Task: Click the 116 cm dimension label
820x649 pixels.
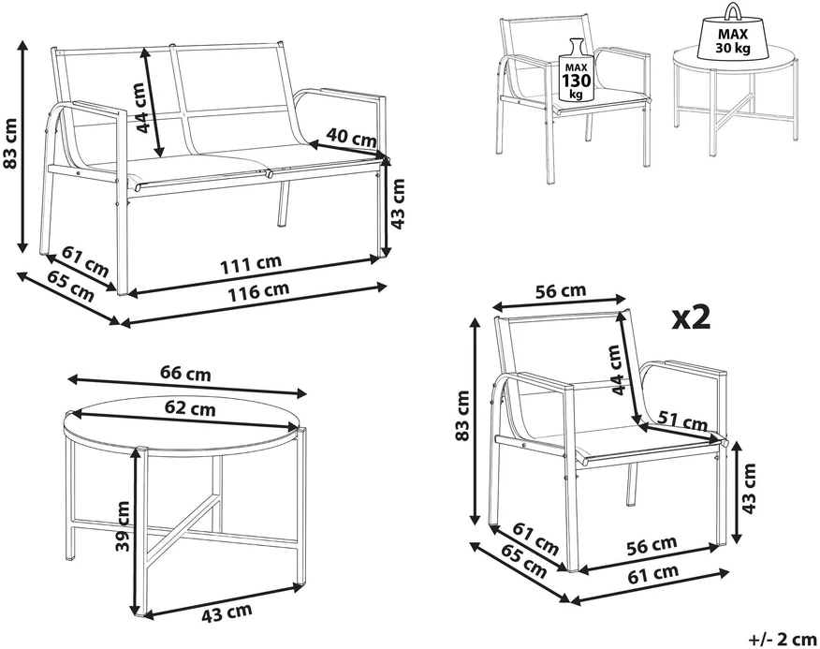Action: pyautogui.click(x=257, y=291)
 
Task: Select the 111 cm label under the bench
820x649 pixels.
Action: pyautogui.click(x=251, y=264)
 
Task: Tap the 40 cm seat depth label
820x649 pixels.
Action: pyautogui.click(x=351, y=138)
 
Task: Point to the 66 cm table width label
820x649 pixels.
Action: pyautogui.click(x=185, y=373)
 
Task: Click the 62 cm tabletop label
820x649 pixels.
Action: pyautogui.click(x=190, y=406)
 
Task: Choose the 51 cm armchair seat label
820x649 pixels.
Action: pyautogui.click(x=682, y=420)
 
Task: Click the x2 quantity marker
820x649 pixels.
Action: pyautogui.click(x=692, y=318)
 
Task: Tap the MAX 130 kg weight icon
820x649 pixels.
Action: pyautogui.click(x=577, y=70)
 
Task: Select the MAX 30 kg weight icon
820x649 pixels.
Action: pyautogui.click(x=733, y=33)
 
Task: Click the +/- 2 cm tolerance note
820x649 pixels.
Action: pyautogui.click(x=783, y=639)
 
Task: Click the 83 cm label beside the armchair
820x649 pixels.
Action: pyautogui.click(x=462, y=416)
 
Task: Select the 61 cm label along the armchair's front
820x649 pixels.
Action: pyautogui.click(x=653, y=574)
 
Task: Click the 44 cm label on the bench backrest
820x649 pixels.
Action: pyautogui.click(x=139, y=108)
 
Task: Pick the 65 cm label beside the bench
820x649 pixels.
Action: pyautogui.click(x=71, y=286)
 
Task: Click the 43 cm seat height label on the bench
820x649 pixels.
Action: pyautogui.click(x=398, y=203)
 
